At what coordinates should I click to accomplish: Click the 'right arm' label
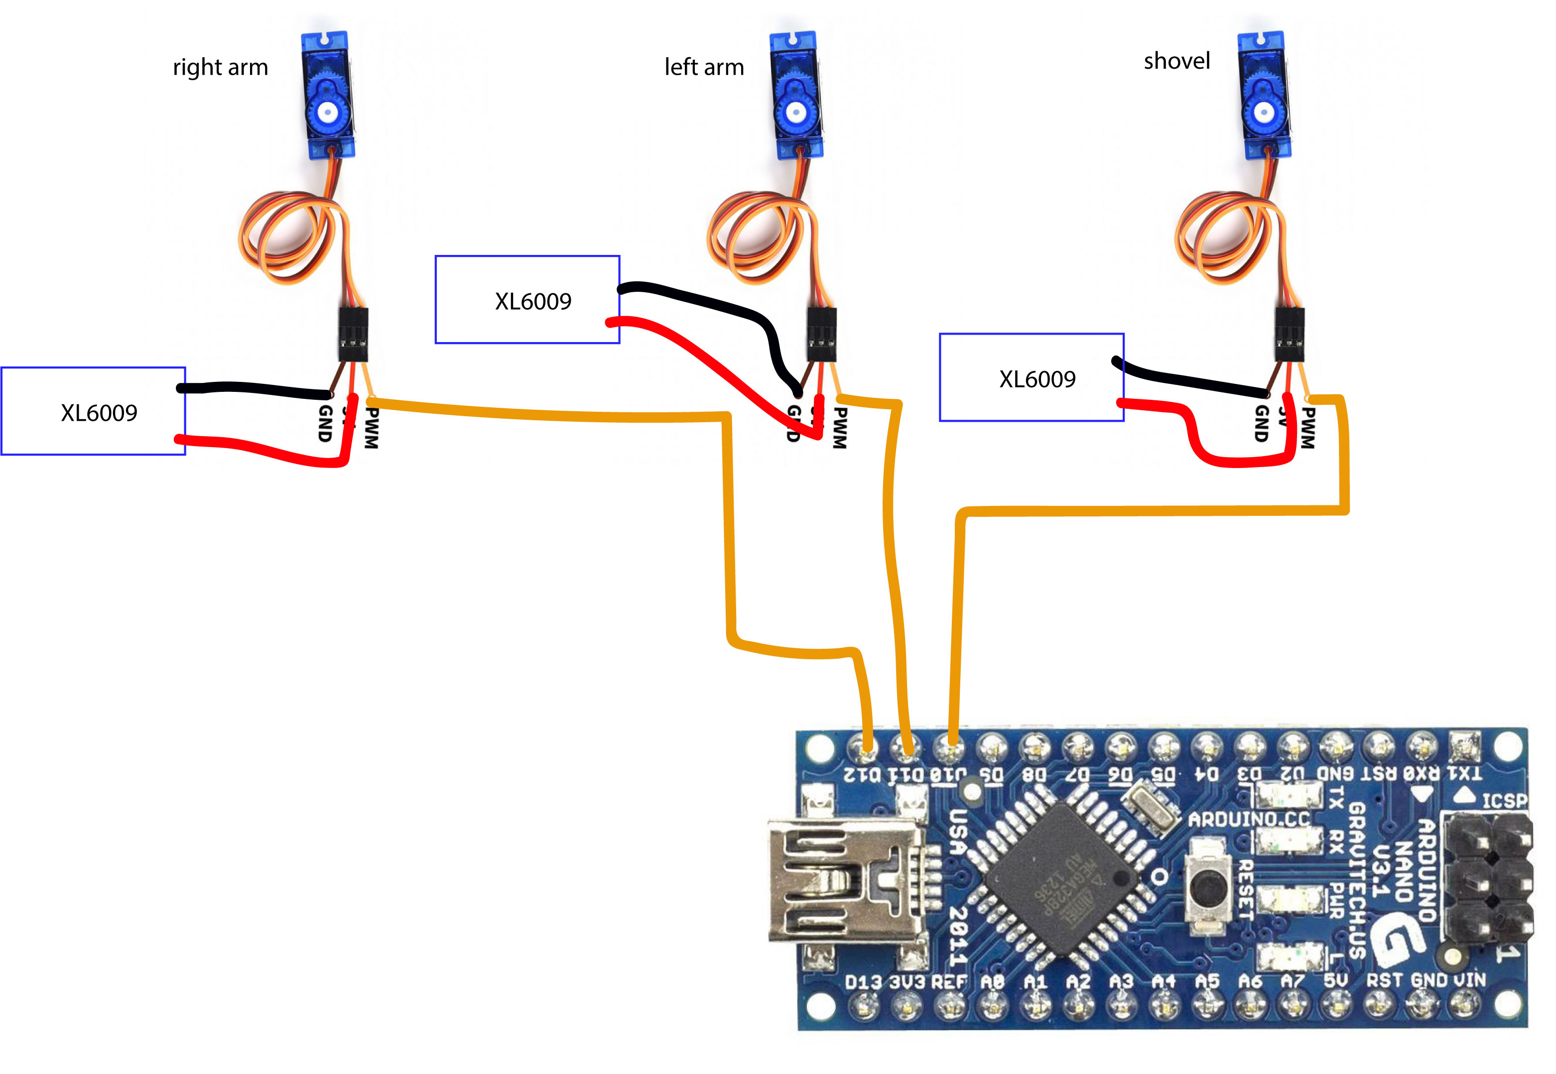pyautogui.click(x=220, y=67)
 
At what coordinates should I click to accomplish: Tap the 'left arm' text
pyautogui.click(x=703, y=67)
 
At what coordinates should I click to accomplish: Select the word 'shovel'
pyautogui.click(x=1176, y=61)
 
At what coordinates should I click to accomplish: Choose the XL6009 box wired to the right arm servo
pyautogui.click(x=94, y=411)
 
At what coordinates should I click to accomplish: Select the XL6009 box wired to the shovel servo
pyautogui.click(x=1031, y=377)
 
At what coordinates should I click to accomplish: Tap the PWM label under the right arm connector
pyautogui.click(x=372, y=428)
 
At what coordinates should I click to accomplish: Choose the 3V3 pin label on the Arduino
pyautogui.click(x=907, y=982)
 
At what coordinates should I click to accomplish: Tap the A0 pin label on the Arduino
pyautogui.click(x=992, y=982)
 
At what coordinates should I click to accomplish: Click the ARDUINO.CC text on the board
pyautogui.click(x=1248, y=819)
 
